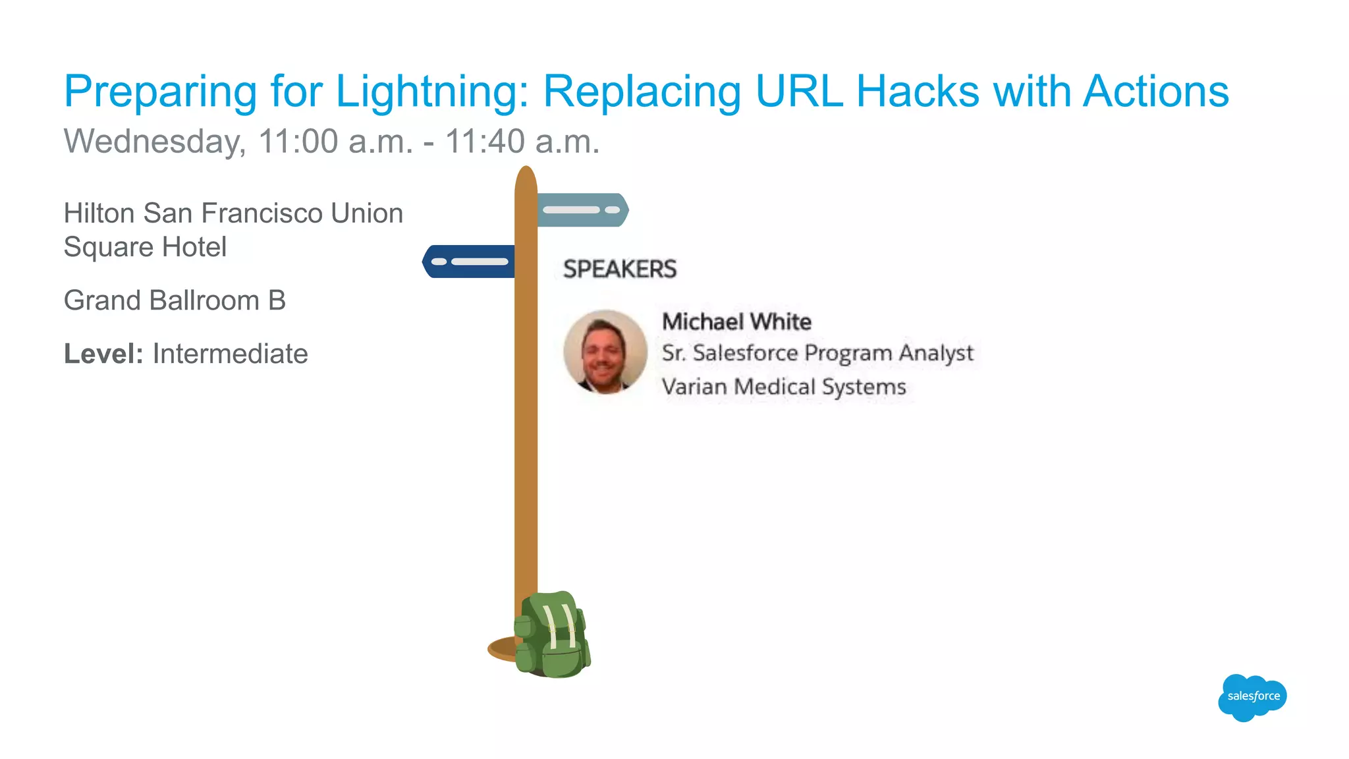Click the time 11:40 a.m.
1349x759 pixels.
[522, 142]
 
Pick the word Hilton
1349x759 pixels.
[99, 213]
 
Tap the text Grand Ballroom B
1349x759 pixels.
[175, 300]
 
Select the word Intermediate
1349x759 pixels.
[230, 354]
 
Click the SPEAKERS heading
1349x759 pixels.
[619, 269]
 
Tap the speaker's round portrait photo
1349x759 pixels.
[605, 352]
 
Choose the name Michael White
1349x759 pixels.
[736, 322]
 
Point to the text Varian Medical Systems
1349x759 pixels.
[784, 387]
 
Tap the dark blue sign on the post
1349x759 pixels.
[469, 262]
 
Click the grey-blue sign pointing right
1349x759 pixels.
[582, 210]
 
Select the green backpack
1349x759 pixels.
[552, 635]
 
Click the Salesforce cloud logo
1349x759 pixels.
[1252, 697]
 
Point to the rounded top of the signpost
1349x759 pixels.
[526, 177]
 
